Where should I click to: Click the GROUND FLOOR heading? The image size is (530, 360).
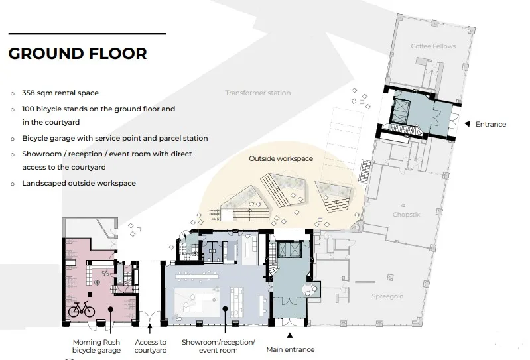click(x=78, y=54)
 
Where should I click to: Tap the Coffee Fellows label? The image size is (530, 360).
click(x=433, y=46)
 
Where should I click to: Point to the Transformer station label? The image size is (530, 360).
click(x=258, y=93)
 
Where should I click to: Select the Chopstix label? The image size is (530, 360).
click(x=406, y=214)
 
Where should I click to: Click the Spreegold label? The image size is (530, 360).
click(x=387, y=296)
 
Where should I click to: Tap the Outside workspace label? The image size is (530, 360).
click(x=281, y=158)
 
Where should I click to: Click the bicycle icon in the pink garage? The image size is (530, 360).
click(x=82, y=310)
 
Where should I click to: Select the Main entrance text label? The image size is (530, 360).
click(x=291, y=349)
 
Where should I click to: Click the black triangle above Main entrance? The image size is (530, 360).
click(x=290, y=335)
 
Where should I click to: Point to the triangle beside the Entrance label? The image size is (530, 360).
click(x=468, y=124)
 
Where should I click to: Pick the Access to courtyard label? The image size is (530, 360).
click(x=151, y=346)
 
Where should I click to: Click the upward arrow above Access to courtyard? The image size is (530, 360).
click(x=150, y=328)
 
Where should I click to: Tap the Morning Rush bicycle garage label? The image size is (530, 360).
click(x=96, y=346)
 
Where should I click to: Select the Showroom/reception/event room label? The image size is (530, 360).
click(x=218, y=346)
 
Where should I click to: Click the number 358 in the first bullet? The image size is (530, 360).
click(x=29, y=93)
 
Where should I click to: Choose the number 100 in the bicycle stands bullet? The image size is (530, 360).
click(x=28, y=109)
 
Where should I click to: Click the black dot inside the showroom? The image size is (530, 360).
click(x=225, y=309)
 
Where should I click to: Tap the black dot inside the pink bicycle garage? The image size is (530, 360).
click(x=110, y=309)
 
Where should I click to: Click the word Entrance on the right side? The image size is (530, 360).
click(x=491, y=124)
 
